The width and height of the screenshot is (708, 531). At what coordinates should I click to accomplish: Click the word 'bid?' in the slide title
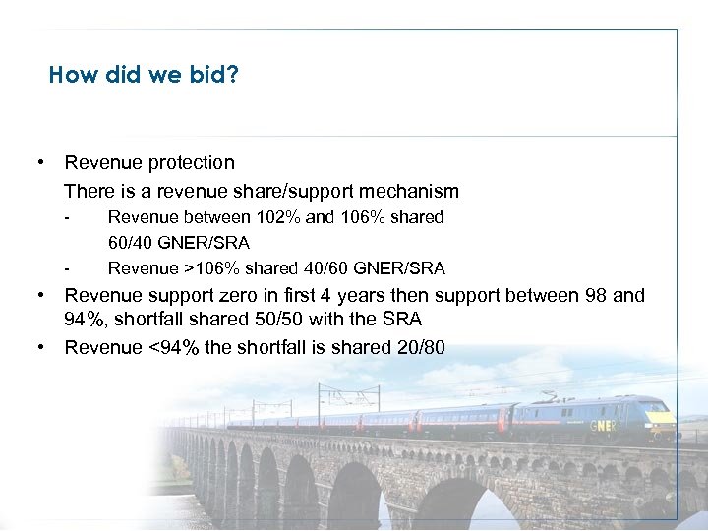215,75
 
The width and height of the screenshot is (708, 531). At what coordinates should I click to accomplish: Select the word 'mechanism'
414,191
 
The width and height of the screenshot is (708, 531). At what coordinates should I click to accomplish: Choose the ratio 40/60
317,268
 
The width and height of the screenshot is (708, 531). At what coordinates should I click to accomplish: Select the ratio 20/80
418,347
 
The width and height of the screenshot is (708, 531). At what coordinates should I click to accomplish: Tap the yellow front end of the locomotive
661,424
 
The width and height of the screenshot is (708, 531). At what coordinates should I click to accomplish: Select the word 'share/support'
288,191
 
